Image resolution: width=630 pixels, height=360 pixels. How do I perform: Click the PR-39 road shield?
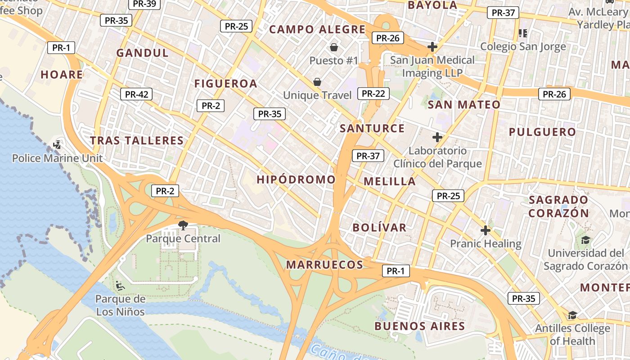pyautogui.click(x=145, y=4)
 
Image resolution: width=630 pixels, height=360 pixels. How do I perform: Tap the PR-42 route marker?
pyautogui.click(x=136, y=94)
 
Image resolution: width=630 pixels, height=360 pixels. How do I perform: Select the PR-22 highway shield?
pyautogui.click(x=373, y=93)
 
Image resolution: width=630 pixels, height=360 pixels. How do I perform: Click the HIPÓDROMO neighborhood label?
pyautogui.click(x=296, y=180)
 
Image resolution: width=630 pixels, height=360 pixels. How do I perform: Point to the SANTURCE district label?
pyautogui.click(x=372, y=128)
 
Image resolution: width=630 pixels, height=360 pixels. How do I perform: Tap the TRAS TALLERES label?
pyautogui.click(x=137, y=140)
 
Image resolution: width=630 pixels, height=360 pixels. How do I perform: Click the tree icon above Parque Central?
pyautogui.click(x=183, y=225)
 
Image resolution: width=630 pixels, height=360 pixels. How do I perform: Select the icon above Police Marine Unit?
pyautogui.click(x=57, y=145)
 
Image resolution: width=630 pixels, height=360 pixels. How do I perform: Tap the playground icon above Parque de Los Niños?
pyautogui.click(x=120, y=285)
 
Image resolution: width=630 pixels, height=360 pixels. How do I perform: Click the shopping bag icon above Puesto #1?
pyautogui.click(x=334, y=47)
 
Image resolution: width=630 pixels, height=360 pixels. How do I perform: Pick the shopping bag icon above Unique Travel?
pyautogui.click(x=317, y=81)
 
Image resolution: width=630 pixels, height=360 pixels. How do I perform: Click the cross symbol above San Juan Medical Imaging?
pyautogui.click(x=432, y=46)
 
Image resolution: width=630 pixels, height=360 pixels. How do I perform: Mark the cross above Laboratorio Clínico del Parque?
pyautogui.click(x=437, y=137)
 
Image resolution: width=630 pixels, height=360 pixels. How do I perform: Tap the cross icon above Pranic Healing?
pyautogui.click(x=485, y=230)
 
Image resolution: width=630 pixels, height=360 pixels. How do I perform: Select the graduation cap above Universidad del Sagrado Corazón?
pyautogui.click(x=585, y=240)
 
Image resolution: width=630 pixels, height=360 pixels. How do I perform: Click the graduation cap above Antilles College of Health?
pyautogui.click(x=572, y=315)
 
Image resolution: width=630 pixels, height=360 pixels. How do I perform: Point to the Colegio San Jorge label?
pyautogui.click(x=523, y=46)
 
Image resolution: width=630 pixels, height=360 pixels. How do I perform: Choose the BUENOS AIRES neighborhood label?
pyautogui.click(x=419, y=326)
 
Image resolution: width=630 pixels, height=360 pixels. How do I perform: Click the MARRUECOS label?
pyautogui.click(x=324, y=265)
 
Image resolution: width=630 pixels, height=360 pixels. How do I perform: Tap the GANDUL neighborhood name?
pyautogui.click(x=142, y=53)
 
